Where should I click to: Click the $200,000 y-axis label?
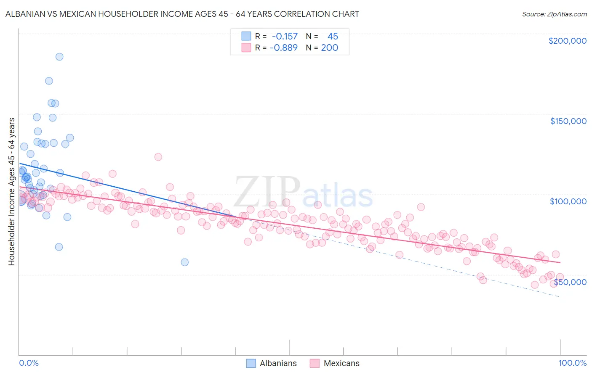point(567,41)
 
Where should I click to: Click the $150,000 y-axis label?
point(568,121)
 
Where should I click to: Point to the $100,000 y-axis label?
point(568,201)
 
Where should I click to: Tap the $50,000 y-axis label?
point(570,282)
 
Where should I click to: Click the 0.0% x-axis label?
point(29,363)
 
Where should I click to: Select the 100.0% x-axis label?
point(572,363)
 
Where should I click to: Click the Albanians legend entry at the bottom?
point(278,364)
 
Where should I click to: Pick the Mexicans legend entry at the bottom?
point(341,364)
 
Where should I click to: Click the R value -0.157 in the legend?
point(285,37)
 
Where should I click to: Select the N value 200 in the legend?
point(329,48)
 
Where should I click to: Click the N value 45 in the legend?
point(333,37)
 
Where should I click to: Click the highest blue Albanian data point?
point(59,57)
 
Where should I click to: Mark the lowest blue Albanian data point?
point(184,262)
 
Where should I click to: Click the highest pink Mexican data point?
point(158,157)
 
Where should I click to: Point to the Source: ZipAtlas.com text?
point(554,14)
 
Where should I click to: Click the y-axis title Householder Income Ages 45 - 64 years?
point(12,192)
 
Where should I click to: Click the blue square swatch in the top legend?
point(246,37)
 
